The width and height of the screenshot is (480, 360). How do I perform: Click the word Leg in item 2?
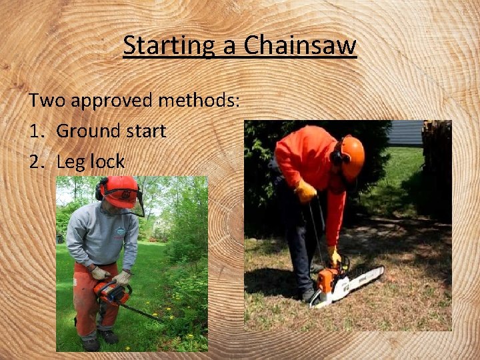(71, 161)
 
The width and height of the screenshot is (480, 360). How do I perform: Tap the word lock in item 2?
(107, 161)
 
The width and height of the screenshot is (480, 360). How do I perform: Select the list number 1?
(35, 131)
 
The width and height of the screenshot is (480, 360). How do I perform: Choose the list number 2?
(36, 161)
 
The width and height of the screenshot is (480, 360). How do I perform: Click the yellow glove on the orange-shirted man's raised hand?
(305, 192)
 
